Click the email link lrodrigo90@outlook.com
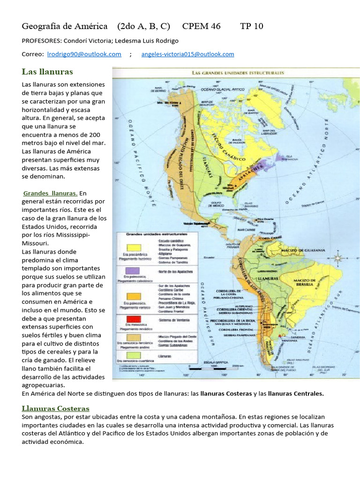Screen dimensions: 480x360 pos(84,54)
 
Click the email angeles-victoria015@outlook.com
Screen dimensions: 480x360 pos(187,54)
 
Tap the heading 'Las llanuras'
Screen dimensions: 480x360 pos(47,71)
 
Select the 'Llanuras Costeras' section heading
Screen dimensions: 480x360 pos(55,408)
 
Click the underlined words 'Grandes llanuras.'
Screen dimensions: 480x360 pos(51,193)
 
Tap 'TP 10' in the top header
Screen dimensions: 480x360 pos(252,26)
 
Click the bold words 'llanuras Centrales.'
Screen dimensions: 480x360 pos(295,393)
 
